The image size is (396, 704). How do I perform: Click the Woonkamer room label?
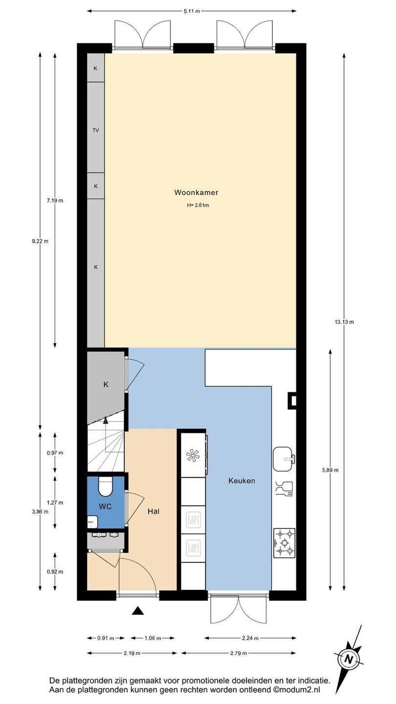(196, 192)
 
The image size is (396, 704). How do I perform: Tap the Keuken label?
(242, 481)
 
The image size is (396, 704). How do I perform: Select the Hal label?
(154, 511)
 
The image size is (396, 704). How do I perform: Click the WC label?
(105, 506)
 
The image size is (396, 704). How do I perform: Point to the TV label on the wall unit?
(95, 130)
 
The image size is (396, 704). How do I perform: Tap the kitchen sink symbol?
(284, 459)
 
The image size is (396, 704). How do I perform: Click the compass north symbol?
(348, 659)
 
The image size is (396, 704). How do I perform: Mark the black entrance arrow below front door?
(138, 611)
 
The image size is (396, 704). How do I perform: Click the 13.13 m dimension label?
(344, 322)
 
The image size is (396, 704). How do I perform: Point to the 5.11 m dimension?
(192, 11)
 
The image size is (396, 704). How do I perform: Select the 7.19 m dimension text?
(55, 200)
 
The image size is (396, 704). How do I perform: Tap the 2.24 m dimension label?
(250, 638)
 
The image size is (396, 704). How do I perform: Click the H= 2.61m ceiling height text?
(198, 205)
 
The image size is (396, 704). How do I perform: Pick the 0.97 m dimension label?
(55, 453)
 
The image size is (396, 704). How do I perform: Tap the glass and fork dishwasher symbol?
(284, 489)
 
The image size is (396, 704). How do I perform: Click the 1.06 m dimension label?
(153, 638)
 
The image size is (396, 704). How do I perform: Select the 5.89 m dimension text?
(330, 470)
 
